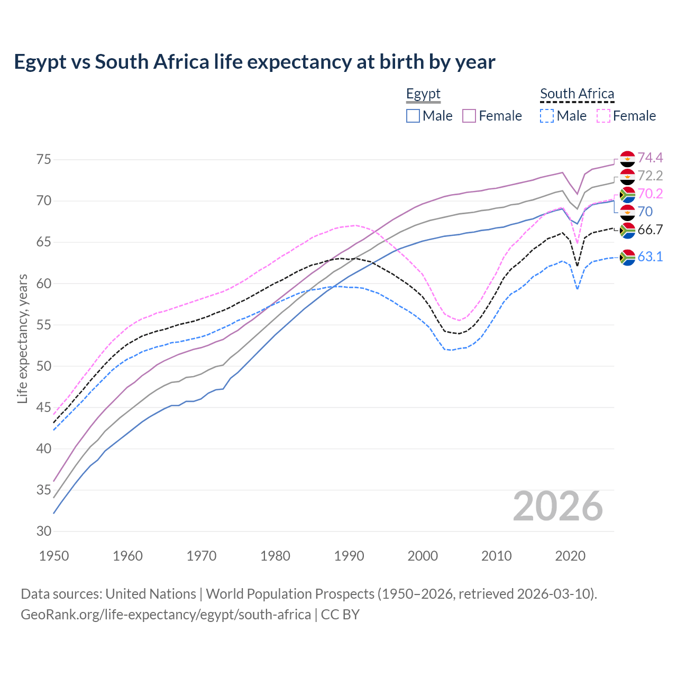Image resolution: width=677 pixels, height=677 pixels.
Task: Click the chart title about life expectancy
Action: click(x=254, y=62)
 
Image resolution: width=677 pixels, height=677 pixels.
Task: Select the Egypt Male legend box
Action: click(x=413, y=116)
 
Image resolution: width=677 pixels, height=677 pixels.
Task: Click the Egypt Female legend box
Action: click(x=469, y=116)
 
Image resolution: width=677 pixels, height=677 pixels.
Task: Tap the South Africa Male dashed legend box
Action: click(x=547, y=116)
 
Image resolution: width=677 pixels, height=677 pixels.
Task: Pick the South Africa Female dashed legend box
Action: click(x=603, y=116)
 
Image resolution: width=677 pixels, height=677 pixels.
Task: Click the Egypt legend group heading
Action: click(x=423, y=94)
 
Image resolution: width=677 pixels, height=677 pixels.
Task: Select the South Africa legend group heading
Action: click(x=577, y=94)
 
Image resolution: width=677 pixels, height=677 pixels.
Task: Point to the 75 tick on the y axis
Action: click(x=44, y=160)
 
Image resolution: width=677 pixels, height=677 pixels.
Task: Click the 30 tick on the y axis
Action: click(x=44, y=532)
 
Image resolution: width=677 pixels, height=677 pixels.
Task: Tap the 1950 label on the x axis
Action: click(x=54, y=556)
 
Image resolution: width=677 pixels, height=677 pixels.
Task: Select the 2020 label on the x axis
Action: click(x=570, y=556)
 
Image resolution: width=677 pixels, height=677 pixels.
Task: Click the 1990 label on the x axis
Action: click(x=349, y=556)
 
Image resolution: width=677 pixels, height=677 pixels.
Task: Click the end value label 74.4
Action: click(x=650, y=158)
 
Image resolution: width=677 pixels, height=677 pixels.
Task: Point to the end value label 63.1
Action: click(x=650, y=257)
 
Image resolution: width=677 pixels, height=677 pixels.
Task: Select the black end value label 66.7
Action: click(x=650, y=230)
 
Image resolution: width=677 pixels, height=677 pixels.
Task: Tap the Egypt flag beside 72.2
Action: click(x=627, y=176)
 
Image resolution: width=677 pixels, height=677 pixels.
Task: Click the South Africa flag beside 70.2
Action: click(x=627, y=195)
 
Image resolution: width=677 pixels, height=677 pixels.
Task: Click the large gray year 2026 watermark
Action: click(x=558, y=506)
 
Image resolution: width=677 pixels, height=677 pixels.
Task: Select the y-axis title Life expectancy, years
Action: click(x=23, y=338)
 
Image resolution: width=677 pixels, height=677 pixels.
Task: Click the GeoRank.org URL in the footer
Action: click(x=166, y=615)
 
